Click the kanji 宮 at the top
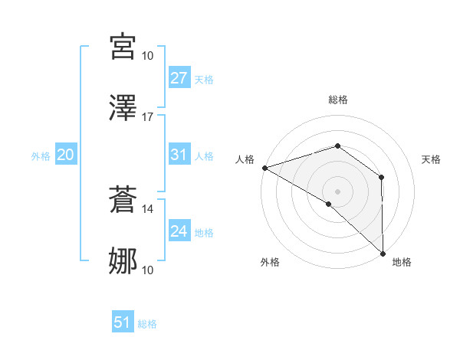[123, 47]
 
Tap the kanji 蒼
[123, 200]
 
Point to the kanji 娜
[123, 261]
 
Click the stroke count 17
[148, 117]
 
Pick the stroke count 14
[148, 208]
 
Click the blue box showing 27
[179, 78]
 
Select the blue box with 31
[179, 155]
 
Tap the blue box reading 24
[179, 231]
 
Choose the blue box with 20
[66, 155]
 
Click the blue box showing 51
[123, 322]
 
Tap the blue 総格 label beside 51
[147, 324]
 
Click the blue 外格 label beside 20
[41, 156]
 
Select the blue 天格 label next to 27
[204, 80]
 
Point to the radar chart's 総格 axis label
[338, 100]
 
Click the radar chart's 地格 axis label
[402, 262]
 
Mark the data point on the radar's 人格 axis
[264, 167]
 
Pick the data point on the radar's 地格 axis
[383, 253]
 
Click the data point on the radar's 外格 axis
[329, 204]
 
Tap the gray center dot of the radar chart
[338, 191]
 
